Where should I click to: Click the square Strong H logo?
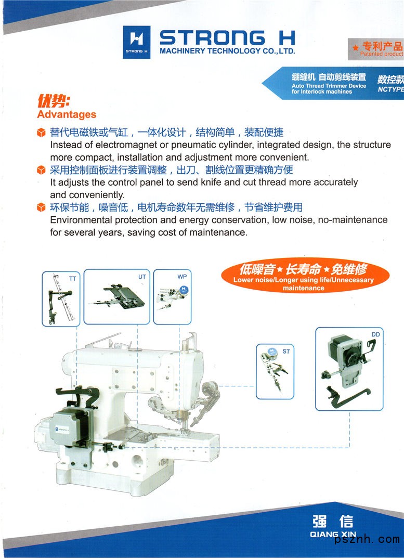[x=136, y=42]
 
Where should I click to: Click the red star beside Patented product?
[x=356, y=47]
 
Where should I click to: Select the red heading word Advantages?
[x=67, y=114]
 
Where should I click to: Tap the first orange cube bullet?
[x=42, y=133]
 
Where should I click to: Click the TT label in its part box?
[x=72, y=278]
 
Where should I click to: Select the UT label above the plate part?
[x=142, y=277]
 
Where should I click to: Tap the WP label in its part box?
[x=182, y=277]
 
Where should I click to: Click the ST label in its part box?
[x=286, y=352]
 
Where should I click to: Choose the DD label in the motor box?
[x=375, y=334]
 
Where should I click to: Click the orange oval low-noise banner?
[x=305, y=275]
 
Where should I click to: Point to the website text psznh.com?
[x=367, y=539]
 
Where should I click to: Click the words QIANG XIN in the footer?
[x=333, y=534]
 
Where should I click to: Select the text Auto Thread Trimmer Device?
[x=329, y=86]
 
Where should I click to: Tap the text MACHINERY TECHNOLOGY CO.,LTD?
[x=228, y=51]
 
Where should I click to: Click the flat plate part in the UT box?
[x=124, y=296]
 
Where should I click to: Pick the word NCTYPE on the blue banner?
[x=391, y=89]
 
